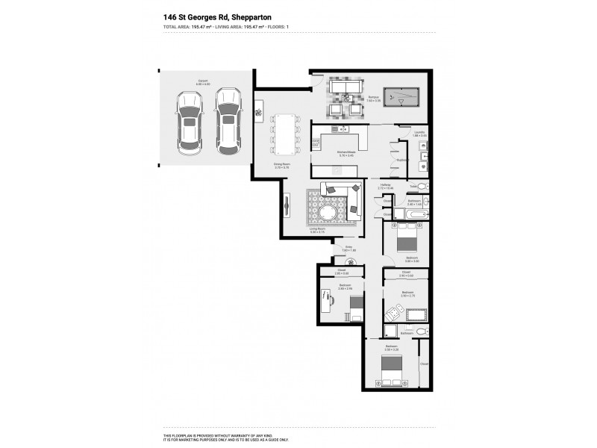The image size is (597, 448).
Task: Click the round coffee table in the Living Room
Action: pyautogui.click(x=329, y=215)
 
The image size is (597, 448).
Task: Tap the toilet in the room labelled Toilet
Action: pyautogui.click(x=422, y=186)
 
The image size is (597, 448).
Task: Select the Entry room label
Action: pyautogui.click(x=348, y=247)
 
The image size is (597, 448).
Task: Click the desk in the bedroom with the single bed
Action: pyautogui.click(x=325, y=303)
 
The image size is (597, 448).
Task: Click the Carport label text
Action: pyautogui.click(x=202, y=81)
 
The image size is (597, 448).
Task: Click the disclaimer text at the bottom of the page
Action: pyautogui.click(x=225, y=438)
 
